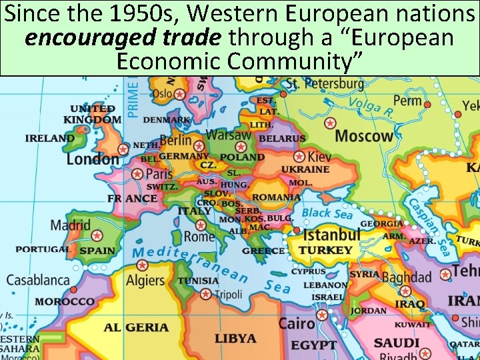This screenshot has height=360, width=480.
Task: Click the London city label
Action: coord(92,159)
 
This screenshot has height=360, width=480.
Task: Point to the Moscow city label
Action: coord(364,136)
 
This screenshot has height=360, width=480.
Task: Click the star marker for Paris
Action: coord(137,173)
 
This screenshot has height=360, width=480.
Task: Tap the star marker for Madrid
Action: coord(97,235)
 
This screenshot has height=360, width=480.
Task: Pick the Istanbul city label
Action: coord(332,235)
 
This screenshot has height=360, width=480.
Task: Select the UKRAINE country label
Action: coord(305,169)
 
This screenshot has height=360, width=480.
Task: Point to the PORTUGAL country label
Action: coord(42,249)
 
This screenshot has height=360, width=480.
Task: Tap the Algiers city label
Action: coord(145,281)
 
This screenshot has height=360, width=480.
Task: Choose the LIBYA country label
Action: coord(235,339)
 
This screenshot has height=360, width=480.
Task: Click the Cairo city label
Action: coord(296,324)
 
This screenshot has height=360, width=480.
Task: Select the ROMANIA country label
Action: coord(276,197)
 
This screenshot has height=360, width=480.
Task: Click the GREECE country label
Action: coord(263,251)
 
